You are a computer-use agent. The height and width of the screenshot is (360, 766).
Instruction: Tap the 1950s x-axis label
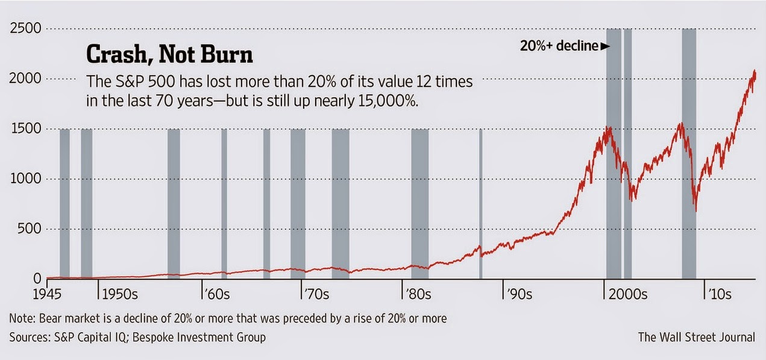[x=121, y=295]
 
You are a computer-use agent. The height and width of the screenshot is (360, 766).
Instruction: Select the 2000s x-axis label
[x=627, y=295]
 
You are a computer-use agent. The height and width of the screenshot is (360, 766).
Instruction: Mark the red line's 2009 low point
[x=695, y=210]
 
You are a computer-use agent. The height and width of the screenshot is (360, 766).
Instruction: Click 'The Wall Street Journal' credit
[x=696, y=337]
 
